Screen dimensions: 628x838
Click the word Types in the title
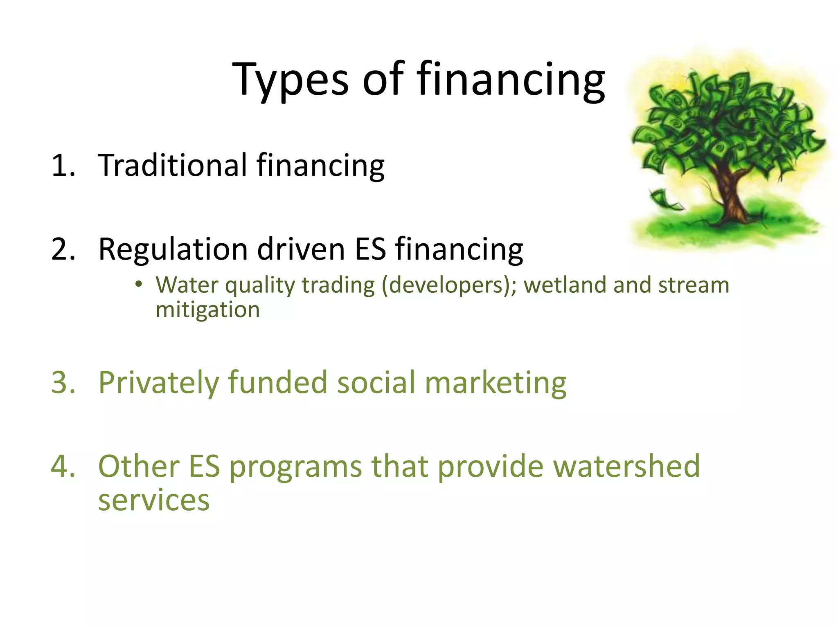click(x=290, y=80)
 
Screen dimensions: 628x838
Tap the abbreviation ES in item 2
click(x=370, y=249)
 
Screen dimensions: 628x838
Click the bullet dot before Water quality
click(x=139, y=283)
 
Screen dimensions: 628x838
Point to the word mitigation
click(x=207, y=310)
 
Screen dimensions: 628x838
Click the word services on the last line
click(x=153, y=500)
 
